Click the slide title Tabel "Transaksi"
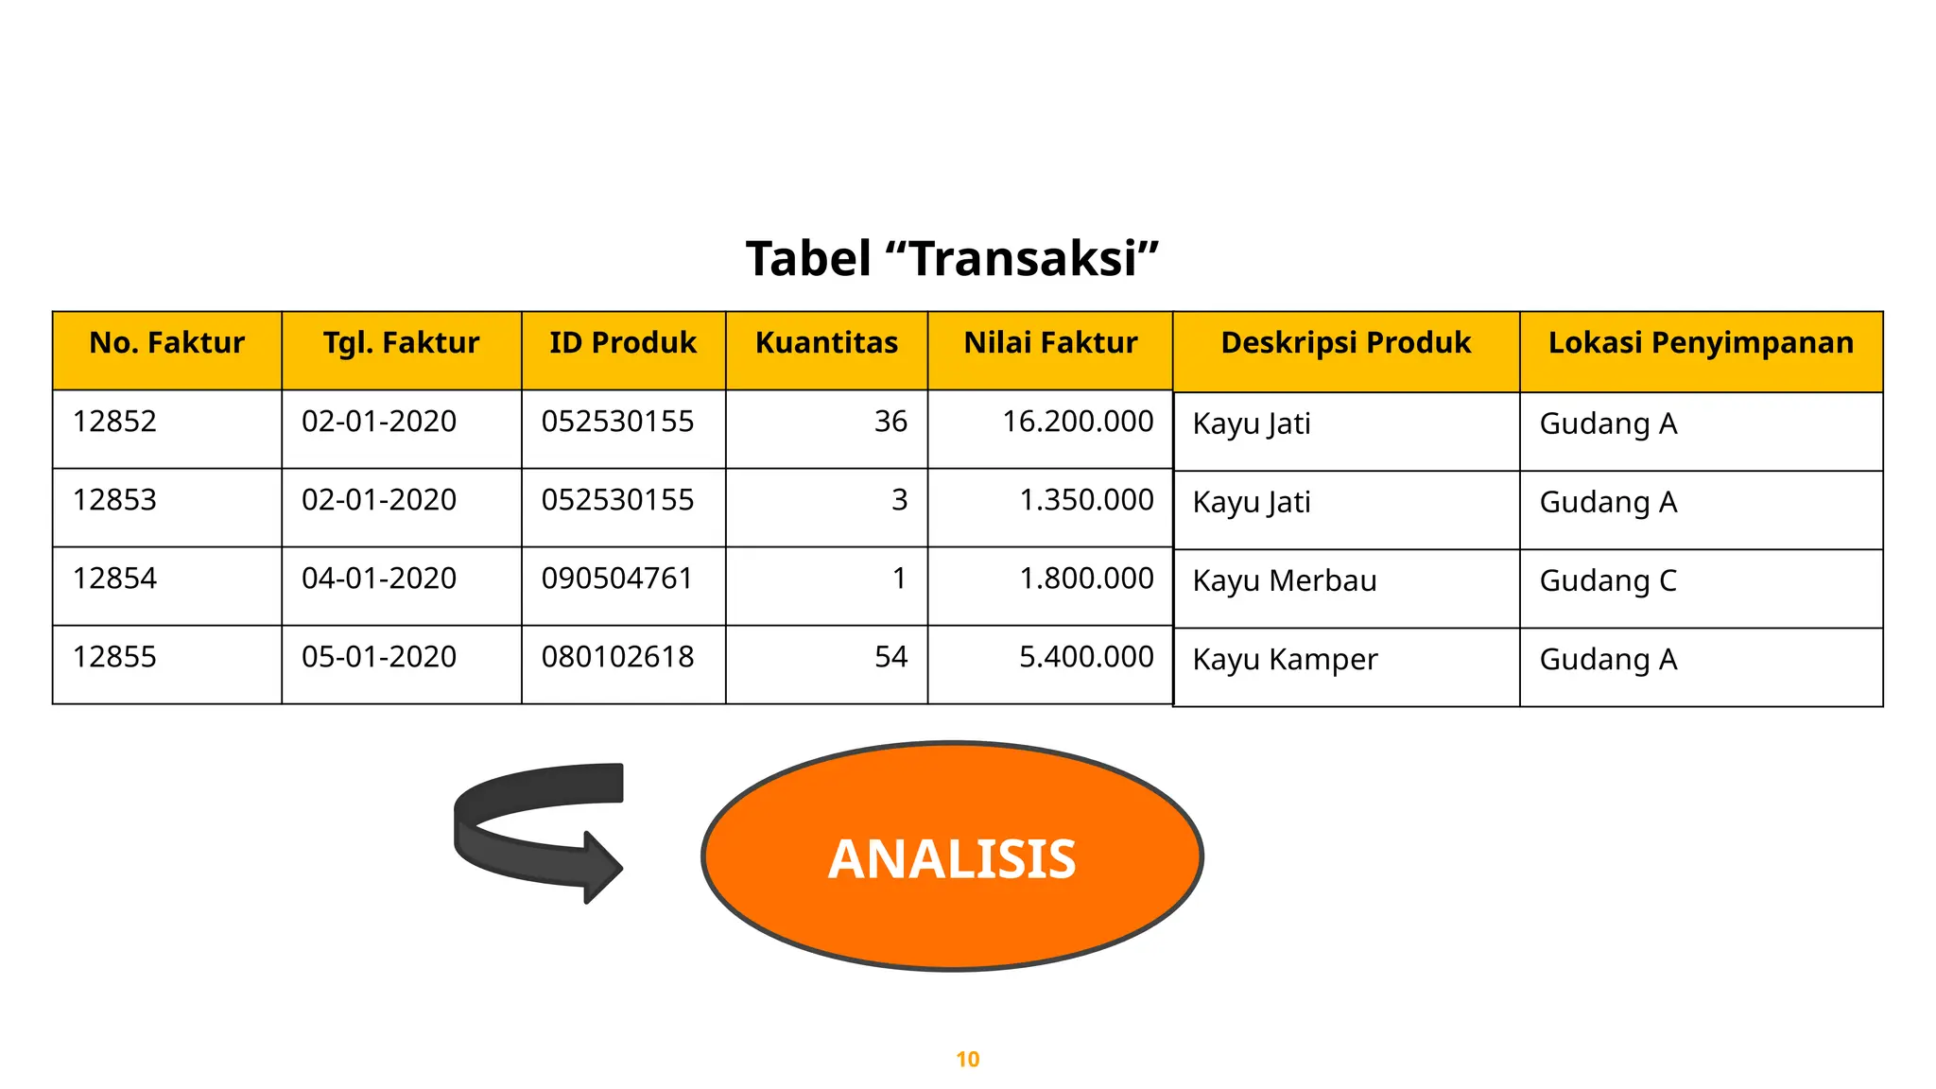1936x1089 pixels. (952, 258)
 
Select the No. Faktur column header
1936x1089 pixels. (166, 342)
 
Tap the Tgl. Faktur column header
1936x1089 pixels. (401, 342)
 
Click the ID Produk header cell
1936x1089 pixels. (623, 342)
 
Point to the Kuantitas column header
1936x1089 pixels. (826, 342)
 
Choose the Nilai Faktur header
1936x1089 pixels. (1050, 342)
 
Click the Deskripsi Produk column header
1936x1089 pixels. (1345, 342)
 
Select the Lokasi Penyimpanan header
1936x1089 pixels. (1701, 342)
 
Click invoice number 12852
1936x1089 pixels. (114, 422)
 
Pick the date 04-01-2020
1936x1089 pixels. (379, 579)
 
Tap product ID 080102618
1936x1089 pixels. (617, 657)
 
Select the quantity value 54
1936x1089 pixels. (890, 657)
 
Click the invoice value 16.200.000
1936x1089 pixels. (1078, 422)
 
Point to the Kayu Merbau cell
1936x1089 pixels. (1285, 580)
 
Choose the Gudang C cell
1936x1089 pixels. (1608, 580)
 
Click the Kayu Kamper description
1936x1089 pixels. (1285, 659)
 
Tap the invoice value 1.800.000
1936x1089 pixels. (1086, 579)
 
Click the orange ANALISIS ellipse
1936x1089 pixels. (952, 856)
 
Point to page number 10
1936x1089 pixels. (967, 1060)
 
